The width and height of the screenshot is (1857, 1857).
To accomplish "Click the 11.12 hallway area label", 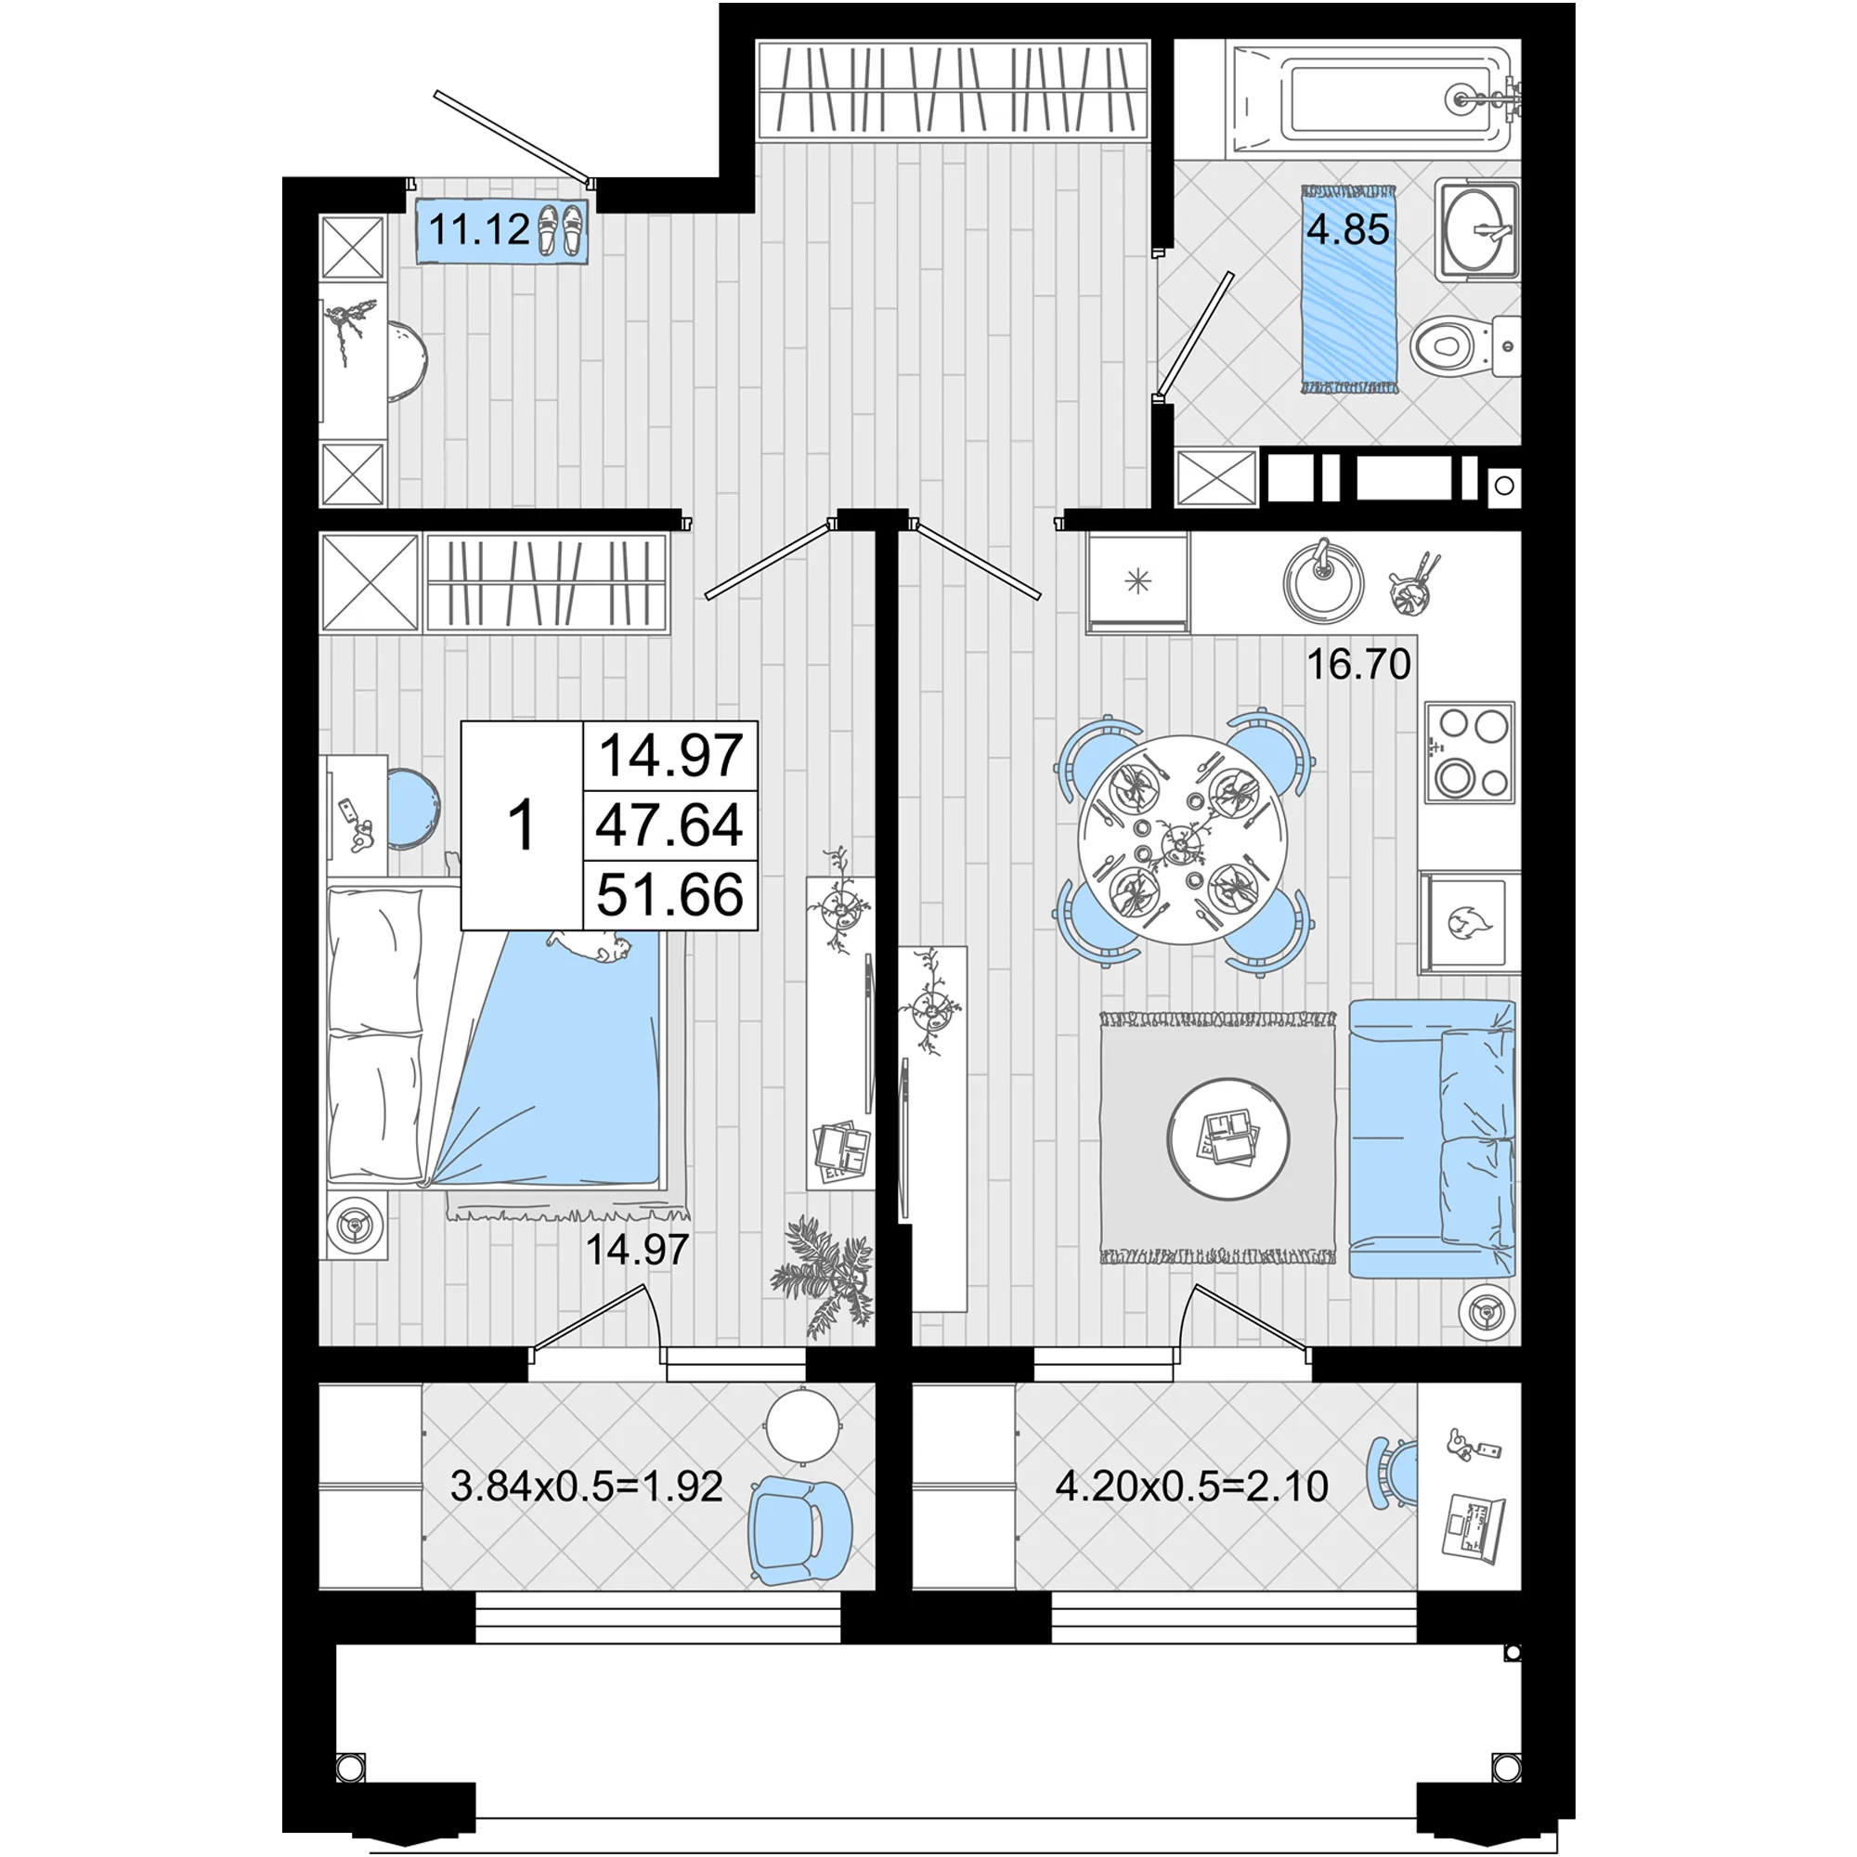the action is [479, 229].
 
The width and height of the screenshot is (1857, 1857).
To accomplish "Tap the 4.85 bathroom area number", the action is [1347, 229].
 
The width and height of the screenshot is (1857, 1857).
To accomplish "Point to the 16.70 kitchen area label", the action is [1358, 664].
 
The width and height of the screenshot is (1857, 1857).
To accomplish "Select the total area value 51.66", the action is [670, 895].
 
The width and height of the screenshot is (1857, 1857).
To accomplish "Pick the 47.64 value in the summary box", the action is [670, 825].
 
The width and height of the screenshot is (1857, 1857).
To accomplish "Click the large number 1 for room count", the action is [522, 825].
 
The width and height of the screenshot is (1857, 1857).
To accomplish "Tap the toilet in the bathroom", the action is [1465, 347].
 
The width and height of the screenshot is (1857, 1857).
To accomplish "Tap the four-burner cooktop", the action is [1470, 753].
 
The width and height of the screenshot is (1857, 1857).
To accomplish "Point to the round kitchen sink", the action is [1323, 579].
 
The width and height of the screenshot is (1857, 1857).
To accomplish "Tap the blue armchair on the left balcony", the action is [799, 1530].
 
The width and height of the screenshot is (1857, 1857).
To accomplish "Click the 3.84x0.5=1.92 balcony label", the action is [586, 1487].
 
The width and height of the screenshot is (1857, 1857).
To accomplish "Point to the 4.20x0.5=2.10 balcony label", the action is [1192, 1486].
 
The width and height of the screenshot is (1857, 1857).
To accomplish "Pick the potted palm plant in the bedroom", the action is [823, 1275].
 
